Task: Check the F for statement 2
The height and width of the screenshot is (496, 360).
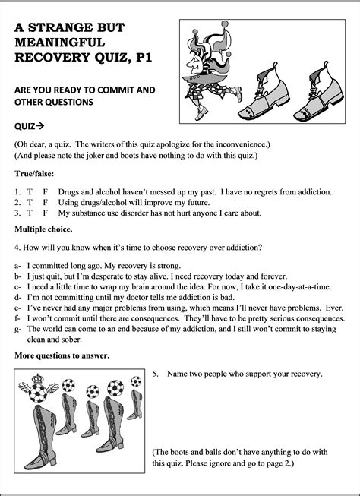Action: tap(46, 204)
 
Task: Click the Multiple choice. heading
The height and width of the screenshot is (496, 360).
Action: tap(43, 229)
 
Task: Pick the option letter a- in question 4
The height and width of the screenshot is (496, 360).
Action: tap(17, 267)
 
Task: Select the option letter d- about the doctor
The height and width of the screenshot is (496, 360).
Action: tap(17, 299)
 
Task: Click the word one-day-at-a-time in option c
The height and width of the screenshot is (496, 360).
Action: tap(304, 288)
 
